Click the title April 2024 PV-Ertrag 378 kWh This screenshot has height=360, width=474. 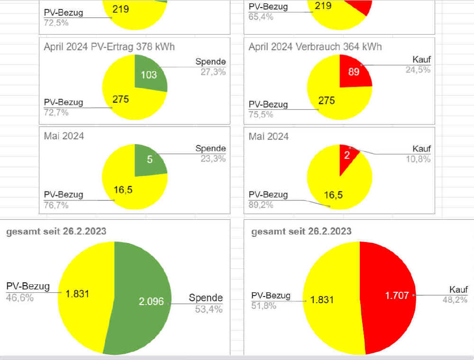tap(109, 46)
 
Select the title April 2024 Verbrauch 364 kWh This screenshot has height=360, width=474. tap(315, 46)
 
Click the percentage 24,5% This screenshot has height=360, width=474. tap(418, 70)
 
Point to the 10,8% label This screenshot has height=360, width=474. tap(418, 159)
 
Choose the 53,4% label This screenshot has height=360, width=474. tap(209, 309)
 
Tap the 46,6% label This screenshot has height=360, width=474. tap(20, 298)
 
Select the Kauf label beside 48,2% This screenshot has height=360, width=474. tap(458, 289)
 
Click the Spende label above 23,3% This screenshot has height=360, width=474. tap(210, 148)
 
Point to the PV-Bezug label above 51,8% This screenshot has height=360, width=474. tap(271, 296)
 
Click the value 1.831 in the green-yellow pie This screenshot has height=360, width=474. tap(78, 294)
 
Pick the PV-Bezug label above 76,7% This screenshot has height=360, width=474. tap(64, 195)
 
